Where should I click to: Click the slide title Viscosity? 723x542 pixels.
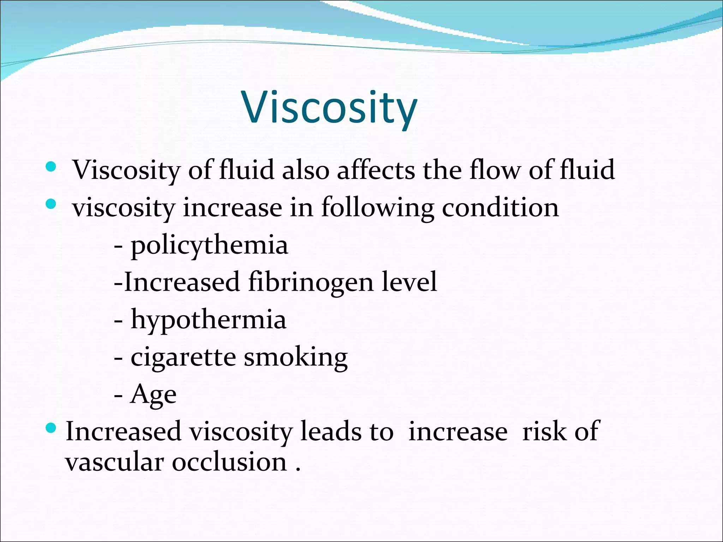329,107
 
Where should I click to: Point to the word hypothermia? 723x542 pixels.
208,320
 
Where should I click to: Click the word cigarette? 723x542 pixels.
183,357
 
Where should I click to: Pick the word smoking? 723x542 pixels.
296,357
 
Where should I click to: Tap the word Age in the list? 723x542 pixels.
153,395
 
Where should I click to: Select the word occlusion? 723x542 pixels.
229,462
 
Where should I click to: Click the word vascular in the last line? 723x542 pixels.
115,462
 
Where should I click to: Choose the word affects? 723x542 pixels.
376,170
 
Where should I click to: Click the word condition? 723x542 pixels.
500,207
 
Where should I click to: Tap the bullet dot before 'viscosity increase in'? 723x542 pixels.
51,204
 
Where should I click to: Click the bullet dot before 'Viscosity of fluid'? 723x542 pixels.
51,167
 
